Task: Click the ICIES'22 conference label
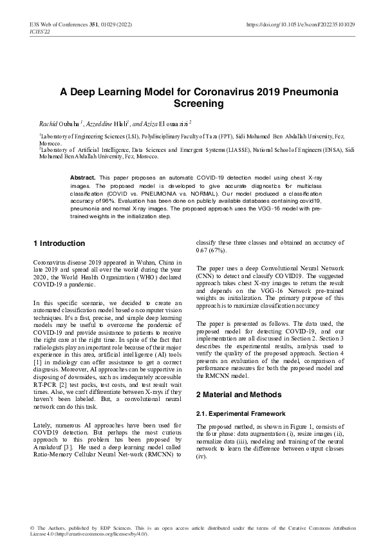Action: (x=40, y=32)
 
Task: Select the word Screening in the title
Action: (x=199, y=103)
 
